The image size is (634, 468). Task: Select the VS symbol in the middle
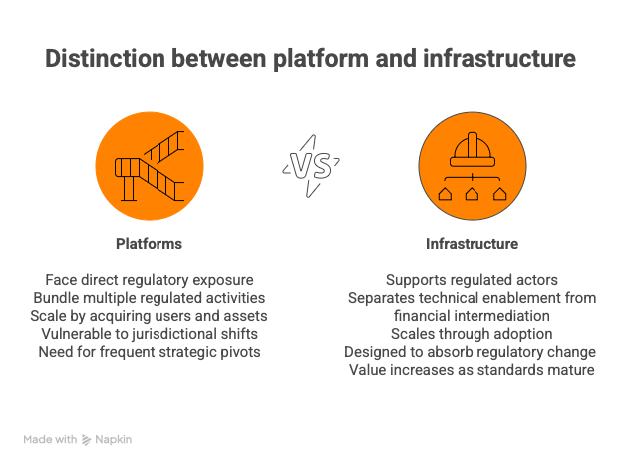tap(310, 166)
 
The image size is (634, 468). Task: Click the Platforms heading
tap(149, 244)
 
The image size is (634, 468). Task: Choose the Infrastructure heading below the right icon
tap(472, 244)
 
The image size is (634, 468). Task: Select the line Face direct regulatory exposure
tap(150, 280)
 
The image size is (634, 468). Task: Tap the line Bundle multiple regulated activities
tap(150, 298)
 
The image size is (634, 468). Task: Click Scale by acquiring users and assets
tap(150, 316)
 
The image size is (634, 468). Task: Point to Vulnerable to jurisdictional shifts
tap(150, 334)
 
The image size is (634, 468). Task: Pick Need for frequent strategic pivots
tap(150, 352)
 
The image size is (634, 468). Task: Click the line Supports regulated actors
tap(472, 280)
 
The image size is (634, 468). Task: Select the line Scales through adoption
tap(472, 334)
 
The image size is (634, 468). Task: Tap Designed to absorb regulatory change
tap(472, 352)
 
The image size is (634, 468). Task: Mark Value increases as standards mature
tap(472, 370)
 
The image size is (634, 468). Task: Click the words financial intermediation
tap(472, 316)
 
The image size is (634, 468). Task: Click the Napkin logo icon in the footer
tap(87, 439)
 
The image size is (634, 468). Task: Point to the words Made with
tap(51, 439)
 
